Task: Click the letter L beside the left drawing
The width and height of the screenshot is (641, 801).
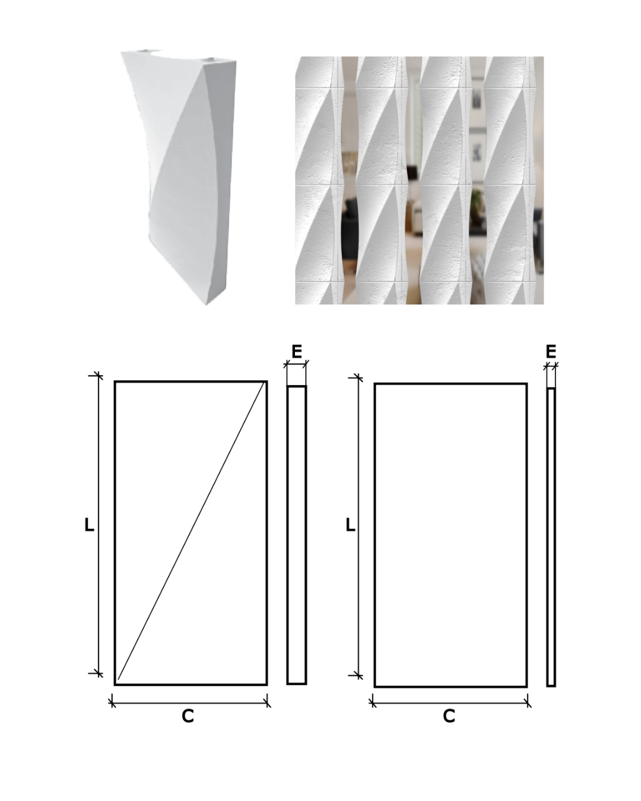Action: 89,525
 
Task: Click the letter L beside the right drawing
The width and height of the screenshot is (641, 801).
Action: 351,525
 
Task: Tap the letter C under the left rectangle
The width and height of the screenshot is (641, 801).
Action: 188,716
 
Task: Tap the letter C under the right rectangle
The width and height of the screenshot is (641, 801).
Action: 449,716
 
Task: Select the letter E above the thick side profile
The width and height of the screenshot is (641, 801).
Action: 297,352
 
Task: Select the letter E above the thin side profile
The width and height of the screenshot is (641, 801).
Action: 551,352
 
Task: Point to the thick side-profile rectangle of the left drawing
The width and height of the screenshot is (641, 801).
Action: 297,535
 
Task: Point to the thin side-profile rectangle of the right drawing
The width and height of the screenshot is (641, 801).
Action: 551,537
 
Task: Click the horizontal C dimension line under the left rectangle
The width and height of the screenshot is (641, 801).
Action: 189,703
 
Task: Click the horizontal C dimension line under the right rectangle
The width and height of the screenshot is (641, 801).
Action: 450,703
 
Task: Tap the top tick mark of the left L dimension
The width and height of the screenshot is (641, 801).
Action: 99,376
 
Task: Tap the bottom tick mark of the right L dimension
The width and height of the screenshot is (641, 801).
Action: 358,675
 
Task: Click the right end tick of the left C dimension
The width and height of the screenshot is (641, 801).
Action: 267,703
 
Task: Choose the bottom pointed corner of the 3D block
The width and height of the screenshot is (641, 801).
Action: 207,305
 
